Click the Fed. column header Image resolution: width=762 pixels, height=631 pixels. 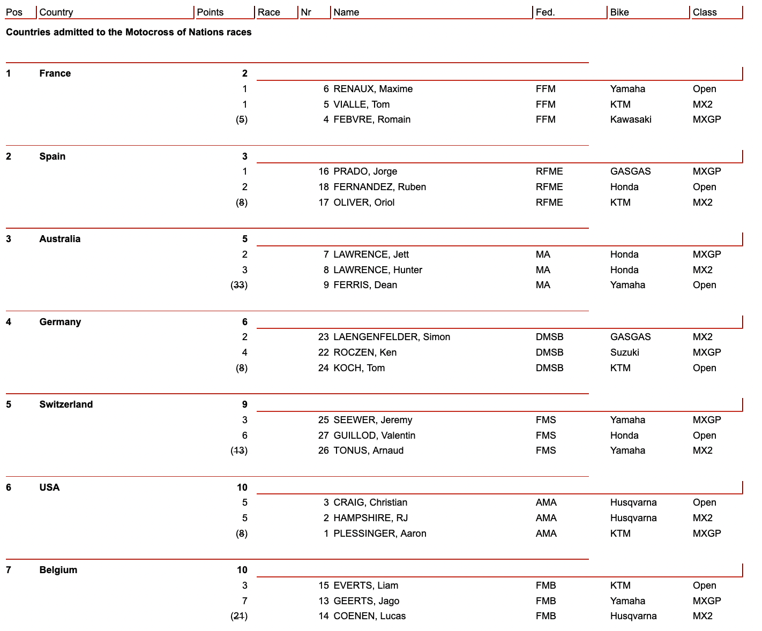[x=545, y=12]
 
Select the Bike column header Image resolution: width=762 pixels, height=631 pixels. [x=619, y=12]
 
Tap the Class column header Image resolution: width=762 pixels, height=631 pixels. [x=704, y=12]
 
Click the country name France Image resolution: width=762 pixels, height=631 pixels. [x=55, y=73]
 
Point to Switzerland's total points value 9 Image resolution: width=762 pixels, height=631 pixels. [x=244, y=404]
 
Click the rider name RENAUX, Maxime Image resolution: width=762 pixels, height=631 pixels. [x=373, y=89]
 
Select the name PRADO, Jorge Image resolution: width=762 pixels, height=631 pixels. [x=365, y=171]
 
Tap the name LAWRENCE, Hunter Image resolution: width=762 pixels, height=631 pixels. [x=377, y=270]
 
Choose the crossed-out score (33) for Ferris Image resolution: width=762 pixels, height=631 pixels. [x=239, y=285]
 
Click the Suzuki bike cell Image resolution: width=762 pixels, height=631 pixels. [x=624, y=352]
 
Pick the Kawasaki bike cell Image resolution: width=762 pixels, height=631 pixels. [x=631, y=119]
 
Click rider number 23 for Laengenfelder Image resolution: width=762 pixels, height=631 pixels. [x=323, y=337]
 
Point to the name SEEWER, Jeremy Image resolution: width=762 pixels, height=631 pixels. [x=372, y=420]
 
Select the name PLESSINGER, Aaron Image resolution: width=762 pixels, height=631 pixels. [x=379, y=534]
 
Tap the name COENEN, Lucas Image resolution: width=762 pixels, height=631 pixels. [x=369, y=616]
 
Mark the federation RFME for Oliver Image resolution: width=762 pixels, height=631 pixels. [x=549, y=202]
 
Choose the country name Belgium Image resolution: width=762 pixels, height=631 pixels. [x=58, y=570]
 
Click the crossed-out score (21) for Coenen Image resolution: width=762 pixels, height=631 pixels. [x=239, y=616]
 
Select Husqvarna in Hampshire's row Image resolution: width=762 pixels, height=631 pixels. [x=633, y=518]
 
